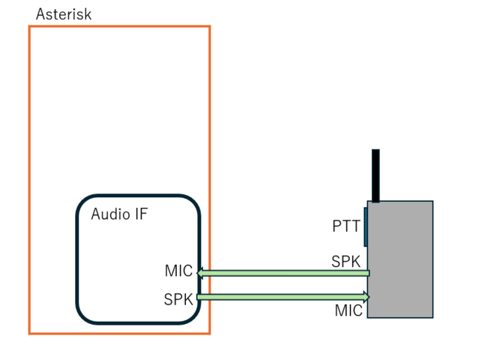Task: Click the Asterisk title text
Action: pos(64,14)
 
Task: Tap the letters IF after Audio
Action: pos(141,214)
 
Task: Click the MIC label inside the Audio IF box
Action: pos(178,271)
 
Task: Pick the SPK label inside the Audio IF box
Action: pos(178,299)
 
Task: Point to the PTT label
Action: pos(346,226)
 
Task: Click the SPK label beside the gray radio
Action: pos(346,262)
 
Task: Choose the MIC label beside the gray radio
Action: pos(349,310)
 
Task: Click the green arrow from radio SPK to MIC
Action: pos(285,272)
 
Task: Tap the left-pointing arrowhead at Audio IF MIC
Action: pos(201,272)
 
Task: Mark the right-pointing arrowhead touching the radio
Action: pos(367,297)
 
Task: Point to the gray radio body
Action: pos(400,259)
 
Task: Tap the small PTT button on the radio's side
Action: pos(365,226)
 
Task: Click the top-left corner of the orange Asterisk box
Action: pos(29,27)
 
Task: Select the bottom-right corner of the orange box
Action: pos(209,333)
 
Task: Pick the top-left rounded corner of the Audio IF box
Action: pos(83,202)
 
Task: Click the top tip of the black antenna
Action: pos(376,151)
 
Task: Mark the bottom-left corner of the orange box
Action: pos(29,333)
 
